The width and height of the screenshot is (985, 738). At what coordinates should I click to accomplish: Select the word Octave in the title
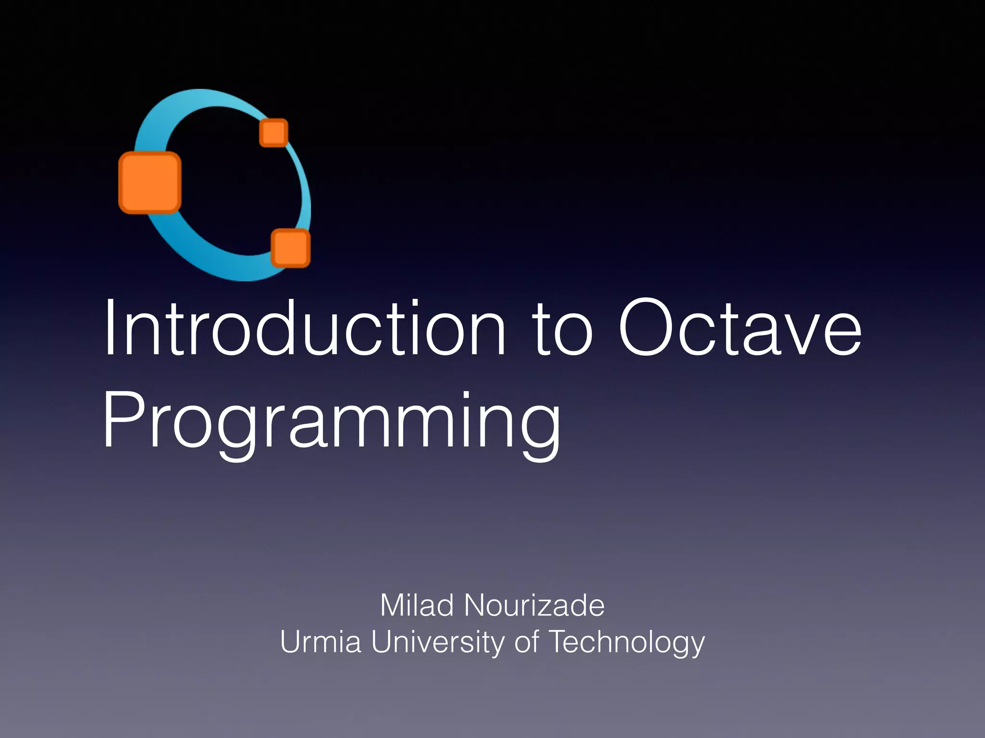pos(740,328)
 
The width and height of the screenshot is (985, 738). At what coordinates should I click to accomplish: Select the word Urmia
pos(320,642)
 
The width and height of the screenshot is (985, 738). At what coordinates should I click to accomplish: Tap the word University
pos(438,643)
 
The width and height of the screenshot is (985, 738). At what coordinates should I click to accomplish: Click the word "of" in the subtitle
pos(526,642)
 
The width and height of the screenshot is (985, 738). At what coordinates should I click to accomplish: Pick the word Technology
pos(627,643)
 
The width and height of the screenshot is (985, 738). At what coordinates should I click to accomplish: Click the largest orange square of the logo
pos(150,183)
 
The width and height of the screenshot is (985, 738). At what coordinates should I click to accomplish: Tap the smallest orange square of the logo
pos(274,133)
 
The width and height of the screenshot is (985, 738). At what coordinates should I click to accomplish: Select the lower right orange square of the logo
pos(290,248)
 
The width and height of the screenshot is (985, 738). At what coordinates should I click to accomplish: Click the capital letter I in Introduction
pos(110,328)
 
